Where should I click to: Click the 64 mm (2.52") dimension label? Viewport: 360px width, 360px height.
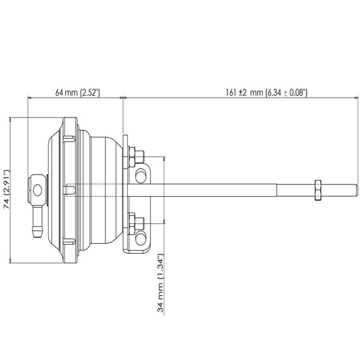point(77,92)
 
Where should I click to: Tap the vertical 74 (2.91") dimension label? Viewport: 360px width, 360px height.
point(7,189)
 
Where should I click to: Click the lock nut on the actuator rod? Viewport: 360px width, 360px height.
point(317,189)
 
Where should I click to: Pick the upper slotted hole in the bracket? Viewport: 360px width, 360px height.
point(142,176)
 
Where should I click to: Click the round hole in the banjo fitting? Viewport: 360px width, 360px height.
point(38,190)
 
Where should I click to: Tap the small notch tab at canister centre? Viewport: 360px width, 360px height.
point(71,190)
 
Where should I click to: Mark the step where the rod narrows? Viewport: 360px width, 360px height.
point(277,189)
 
